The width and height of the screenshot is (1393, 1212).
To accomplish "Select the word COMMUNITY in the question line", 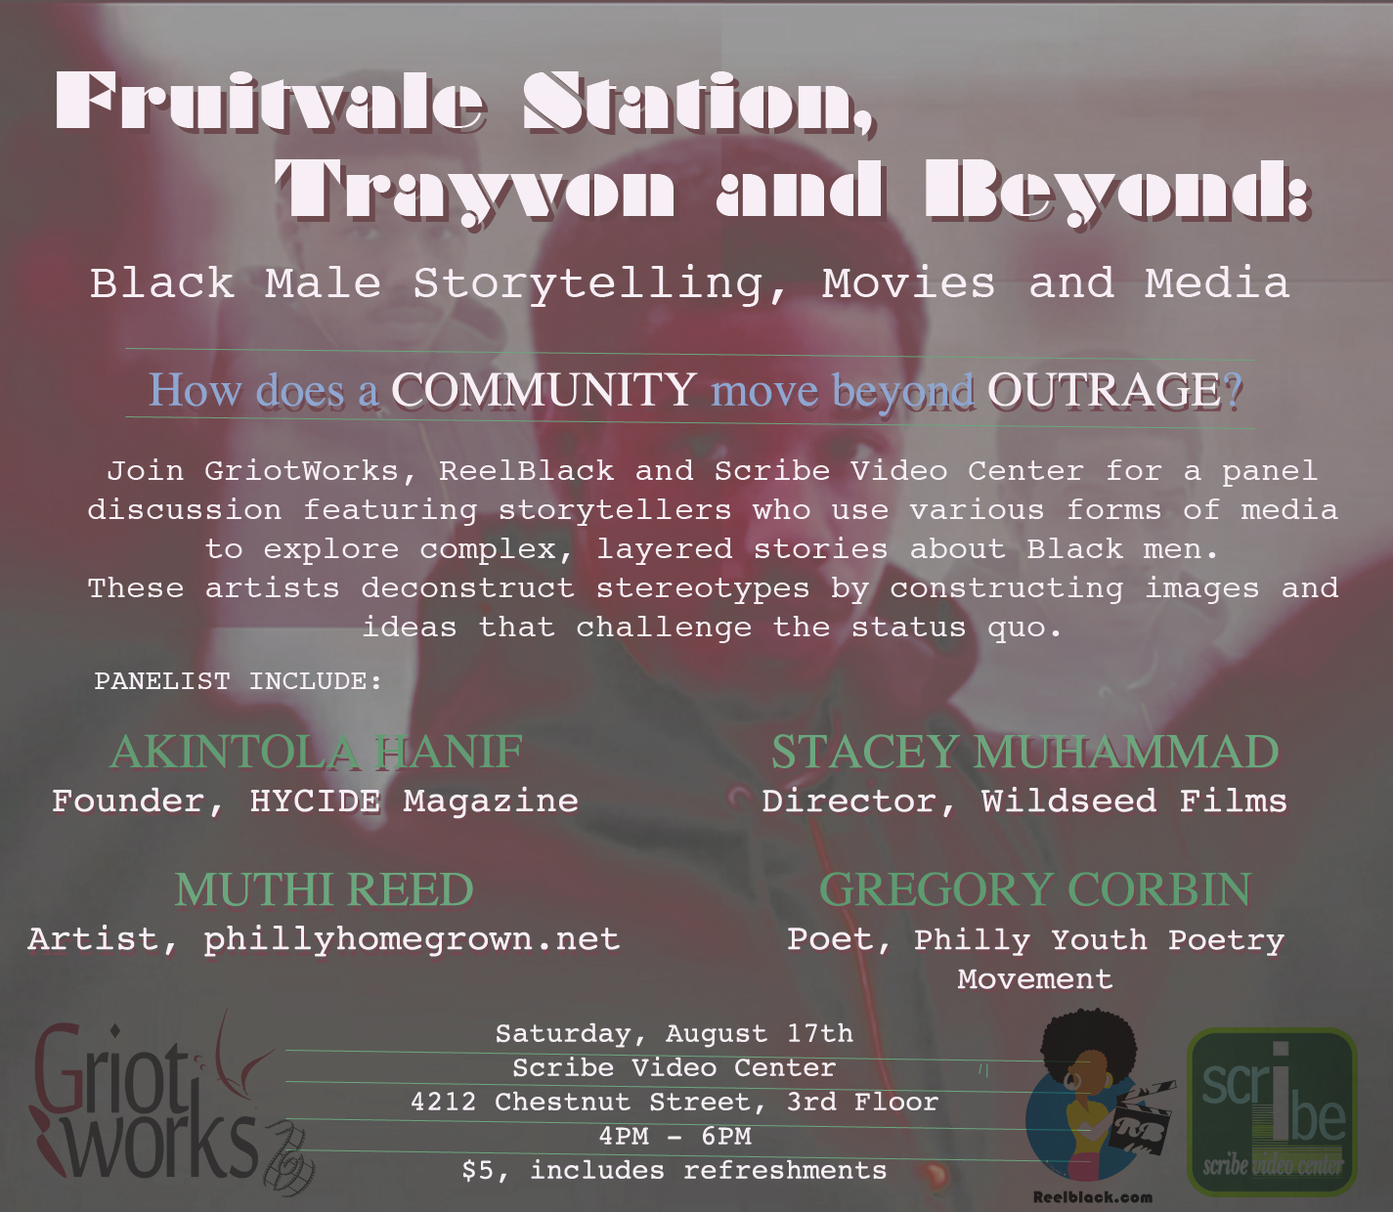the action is click(544, 391).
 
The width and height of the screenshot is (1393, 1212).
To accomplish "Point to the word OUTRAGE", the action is click(1105, 391).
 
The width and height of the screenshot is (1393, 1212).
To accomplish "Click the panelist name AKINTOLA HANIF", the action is click(317, 752).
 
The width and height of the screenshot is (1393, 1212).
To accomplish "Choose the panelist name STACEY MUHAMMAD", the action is click(1024, 752).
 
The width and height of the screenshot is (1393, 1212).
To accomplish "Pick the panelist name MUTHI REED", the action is click(325, 889).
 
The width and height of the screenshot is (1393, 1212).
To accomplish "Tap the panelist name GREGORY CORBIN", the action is click(1035, 889).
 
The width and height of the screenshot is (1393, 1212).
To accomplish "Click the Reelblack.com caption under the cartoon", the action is click(1093, 1197).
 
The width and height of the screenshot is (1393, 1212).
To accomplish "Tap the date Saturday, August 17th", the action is click(675, 1034).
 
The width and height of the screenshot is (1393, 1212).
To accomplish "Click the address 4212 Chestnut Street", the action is click(588, 1102).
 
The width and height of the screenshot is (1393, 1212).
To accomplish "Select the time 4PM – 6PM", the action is click(675, 1136).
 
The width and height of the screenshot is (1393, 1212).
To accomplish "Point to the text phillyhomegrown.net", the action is click(412, 940).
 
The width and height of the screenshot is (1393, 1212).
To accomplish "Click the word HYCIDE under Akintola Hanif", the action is click(315, 801).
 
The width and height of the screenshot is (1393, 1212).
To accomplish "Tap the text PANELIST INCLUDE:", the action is click(239, 680).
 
